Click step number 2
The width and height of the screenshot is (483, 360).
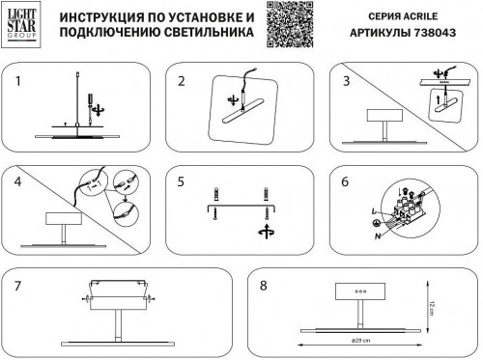(181, 80)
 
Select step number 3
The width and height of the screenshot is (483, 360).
(344, 80)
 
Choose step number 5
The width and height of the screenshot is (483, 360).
(181, 180)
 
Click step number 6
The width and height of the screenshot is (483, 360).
(344, 180)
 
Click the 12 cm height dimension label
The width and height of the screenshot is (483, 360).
(435, 307)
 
